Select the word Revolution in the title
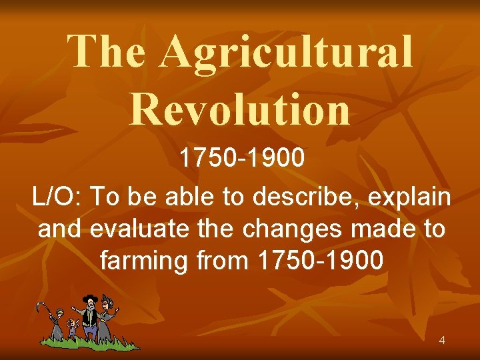tap(240, 108)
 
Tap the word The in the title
tap(107, 51)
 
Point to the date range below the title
tap(241, 159)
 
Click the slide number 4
tap(441, 341)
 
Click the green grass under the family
tap(90, 344)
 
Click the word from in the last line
tap(223, 261)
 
